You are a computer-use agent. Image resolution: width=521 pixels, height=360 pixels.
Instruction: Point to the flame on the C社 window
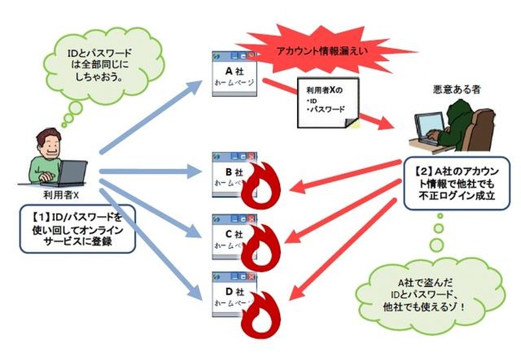pos(259,246)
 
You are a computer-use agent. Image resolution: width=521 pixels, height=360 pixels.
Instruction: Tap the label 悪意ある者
pos(455,88)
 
